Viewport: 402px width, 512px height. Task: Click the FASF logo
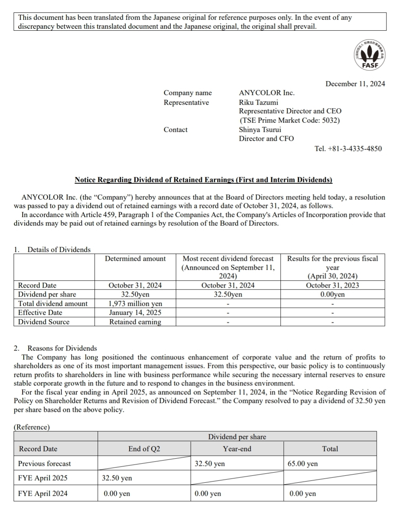pos(370,55)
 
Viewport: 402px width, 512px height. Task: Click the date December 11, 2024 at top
pos(355,84)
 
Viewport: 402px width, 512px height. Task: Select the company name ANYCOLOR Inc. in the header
pos(267,93)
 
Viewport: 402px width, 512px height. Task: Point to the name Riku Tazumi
pos(259,102)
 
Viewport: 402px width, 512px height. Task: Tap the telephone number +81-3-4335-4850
pos(348,148)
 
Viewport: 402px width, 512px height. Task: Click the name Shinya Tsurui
pos(260,130)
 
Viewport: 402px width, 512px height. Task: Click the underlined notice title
pos(203,180)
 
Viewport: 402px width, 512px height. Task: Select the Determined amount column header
pos(135,259)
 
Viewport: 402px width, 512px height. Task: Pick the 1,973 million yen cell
pos(135,304)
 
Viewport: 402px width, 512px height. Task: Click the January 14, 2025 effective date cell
pos(135,312)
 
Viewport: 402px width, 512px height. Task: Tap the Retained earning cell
pos(135,322)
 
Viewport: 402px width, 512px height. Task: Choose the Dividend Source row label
pos(44,322)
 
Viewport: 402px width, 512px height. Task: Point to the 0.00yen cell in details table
pos(332,294)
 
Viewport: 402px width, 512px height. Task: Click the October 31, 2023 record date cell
pos(332,285)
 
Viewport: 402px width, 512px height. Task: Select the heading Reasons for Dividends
pos(62,348)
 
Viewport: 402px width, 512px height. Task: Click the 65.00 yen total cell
pos(303,463)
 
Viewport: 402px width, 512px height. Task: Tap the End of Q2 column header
pos(144,449)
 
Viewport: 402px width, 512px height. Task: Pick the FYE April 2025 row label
pos(43,478)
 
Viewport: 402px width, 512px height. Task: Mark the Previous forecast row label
pos(44,463)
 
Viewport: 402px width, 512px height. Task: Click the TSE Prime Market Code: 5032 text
pos(290,120)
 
